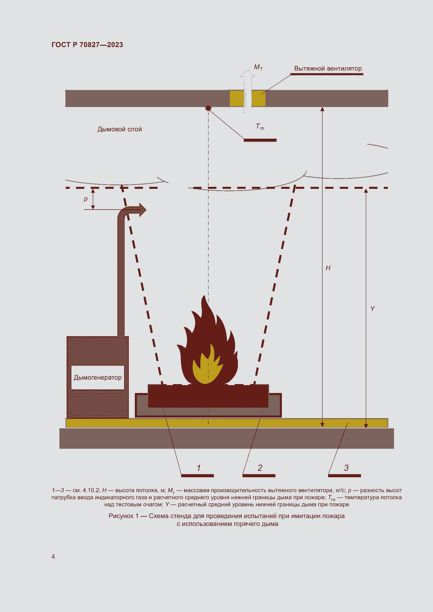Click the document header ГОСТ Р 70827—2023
[x=87, y=45]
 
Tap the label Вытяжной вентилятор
[x=328, y=69]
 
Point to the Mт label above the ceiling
[x=258, y=67]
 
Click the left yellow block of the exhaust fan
[x=236, y=98]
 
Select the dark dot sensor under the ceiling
[x=208, y=108]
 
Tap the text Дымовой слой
[x=119, y=129]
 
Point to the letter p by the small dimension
[x=86, y=199]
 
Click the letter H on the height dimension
[x=328, y=268]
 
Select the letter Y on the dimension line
[x=373, y=309]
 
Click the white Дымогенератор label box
[x=98, y=378]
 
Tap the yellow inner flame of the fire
[x=207, y=366]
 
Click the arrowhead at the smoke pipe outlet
[x=142, y=210]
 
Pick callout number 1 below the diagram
[x=199, y=468]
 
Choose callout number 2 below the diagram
[x=260, y=468]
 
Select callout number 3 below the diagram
[x=346, y=468]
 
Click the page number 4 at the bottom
[x=53, y=557]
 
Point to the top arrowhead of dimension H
[x=322, y=109]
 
